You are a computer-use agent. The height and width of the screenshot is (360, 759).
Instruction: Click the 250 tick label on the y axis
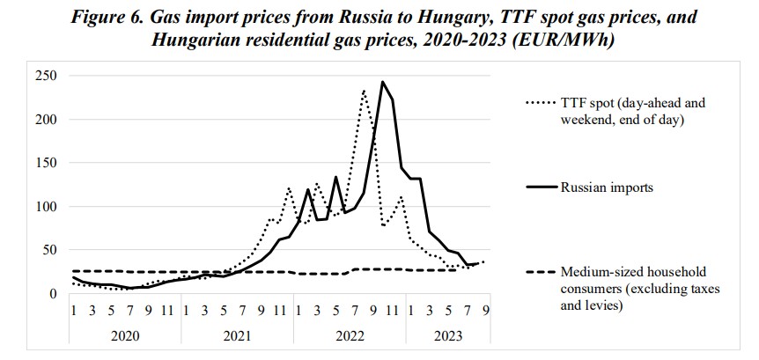46,77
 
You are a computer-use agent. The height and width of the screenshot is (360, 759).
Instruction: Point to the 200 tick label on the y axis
46,120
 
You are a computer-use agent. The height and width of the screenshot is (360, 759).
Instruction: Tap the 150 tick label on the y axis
46,163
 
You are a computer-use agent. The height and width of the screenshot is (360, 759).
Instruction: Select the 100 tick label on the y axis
46,207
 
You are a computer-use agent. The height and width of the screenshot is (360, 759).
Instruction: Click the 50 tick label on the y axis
49,250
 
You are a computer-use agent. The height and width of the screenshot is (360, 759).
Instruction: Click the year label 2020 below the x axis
126,335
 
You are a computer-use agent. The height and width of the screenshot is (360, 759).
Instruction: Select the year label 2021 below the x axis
238,335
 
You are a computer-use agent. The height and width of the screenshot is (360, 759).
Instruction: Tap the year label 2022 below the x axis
350,335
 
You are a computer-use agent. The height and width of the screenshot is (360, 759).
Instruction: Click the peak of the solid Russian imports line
382,82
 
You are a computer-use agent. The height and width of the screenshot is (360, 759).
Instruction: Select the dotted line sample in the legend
540,103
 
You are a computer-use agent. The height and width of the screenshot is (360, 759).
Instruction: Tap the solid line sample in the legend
540,187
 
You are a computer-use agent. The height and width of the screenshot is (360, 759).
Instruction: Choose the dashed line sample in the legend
540,273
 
